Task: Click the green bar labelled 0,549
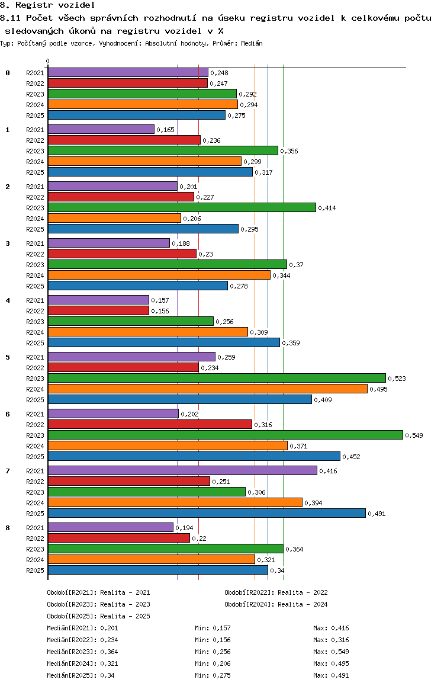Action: (x=226, y=435)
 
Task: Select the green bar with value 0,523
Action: (x=217, y=378)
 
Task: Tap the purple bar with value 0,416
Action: (x=183, y=470)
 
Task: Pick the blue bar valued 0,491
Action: (x=207, y=513)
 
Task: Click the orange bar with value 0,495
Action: (x=208, y=389)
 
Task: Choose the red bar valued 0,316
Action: (x=150, y=424)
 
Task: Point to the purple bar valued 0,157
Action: (x=98, y=300)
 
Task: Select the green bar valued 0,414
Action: (x=182, y=207)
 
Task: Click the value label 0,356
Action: (x=289, y=151)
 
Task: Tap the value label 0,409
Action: (x=323, y=400)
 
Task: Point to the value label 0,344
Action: (x=281, y=275)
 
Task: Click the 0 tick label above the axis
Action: (x=47, y=61)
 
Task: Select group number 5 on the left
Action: (x=8, y=357)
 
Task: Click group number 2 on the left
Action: (x=8, y=187)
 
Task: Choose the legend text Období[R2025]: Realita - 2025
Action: (x=98, y=616)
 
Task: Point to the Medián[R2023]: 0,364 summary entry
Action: (x=83, y=652)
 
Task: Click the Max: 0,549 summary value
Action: (x=332, y=652)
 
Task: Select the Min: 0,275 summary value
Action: (x=213, y=675)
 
